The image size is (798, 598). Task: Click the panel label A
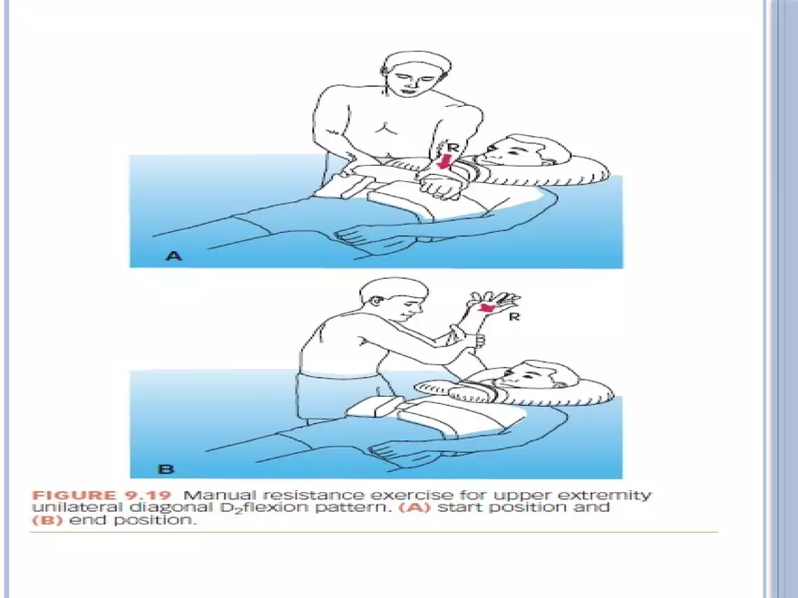pos(173,256)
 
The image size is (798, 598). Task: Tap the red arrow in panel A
pos(443,161)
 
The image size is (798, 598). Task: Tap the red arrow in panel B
pos(487,309)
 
